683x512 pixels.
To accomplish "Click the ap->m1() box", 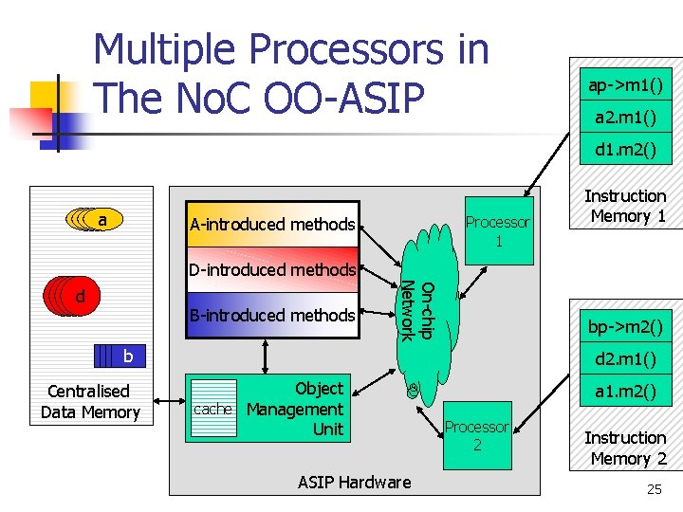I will (x=625, y=85).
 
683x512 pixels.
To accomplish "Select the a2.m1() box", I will (x=625, y=118).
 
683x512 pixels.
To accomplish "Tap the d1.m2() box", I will (x=625, y=150).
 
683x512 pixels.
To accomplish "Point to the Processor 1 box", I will (x=498, y=231).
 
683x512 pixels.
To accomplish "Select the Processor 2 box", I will (x=477, y=436).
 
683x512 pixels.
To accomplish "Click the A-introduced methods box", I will (x=272, y=225).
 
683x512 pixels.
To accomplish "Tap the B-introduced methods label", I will (x=272, y=315).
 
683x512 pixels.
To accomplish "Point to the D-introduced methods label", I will (x=272, y=270).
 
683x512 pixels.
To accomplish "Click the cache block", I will (x=212, y=410).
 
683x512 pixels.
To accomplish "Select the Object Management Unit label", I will (x=295, y=410).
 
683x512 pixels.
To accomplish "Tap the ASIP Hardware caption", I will (x=355, y=482).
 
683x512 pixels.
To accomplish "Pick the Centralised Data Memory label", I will (x=90, y=402).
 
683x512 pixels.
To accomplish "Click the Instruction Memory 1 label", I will (x=625, y=206).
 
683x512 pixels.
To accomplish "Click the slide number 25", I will (x=654, y=489).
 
